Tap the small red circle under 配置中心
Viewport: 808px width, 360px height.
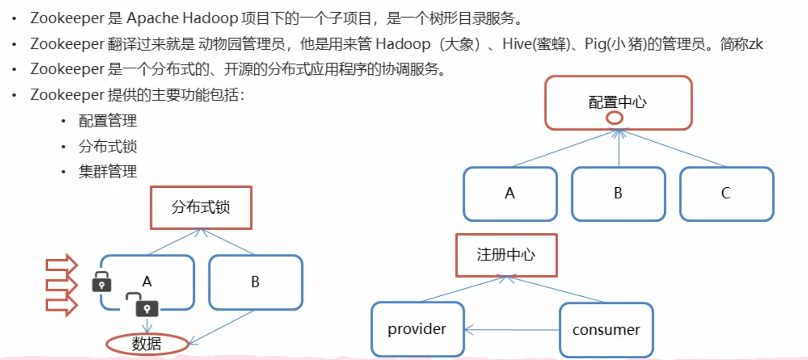[614, 118]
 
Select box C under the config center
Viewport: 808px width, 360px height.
[727, 194]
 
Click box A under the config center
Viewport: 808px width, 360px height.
[510, 194]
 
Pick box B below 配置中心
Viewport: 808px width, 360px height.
[618, 194]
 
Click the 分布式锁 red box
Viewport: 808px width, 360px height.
[201, 208]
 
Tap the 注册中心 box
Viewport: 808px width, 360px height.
[506, 255]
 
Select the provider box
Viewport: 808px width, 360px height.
[417, 329]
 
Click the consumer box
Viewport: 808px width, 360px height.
[606, 330]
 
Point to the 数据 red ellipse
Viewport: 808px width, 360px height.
[147, 344]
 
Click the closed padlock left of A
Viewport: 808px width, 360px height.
[102, 282]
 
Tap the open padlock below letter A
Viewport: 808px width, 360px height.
[144, 306]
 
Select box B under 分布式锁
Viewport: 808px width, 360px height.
[255, 282]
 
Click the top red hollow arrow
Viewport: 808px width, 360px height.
[62, 264]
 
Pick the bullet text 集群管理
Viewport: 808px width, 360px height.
[108, 172]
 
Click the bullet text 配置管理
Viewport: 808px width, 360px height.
[108, 121]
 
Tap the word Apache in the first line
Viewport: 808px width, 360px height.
[152, 19]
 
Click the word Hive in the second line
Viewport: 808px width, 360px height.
[517, 44]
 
